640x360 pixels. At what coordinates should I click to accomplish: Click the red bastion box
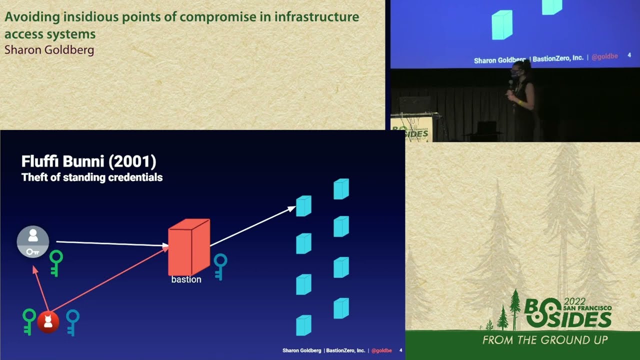tap(188, 247)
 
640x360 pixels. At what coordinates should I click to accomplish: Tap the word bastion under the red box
tap(186, 279)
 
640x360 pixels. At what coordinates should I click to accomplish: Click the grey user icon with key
tap(33, 242)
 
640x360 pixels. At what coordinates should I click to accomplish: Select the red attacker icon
tap(48, 322)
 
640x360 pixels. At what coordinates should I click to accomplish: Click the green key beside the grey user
tap(55, 262)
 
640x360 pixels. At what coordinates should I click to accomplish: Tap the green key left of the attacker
tap(29, 321)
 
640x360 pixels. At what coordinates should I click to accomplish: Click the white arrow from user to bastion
tap(110, 243)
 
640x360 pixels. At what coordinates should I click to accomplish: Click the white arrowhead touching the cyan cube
tap(291, 208)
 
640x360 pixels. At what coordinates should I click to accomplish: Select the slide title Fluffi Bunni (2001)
tap(89, 161)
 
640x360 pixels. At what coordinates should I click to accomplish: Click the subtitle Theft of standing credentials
tap(92, 177)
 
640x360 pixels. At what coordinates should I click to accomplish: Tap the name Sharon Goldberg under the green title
tap(49, 50)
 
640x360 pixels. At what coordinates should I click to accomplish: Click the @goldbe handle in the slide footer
tap(381, 350)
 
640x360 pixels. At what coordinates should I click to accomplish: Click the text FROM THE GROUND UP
tap(545, 340)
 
